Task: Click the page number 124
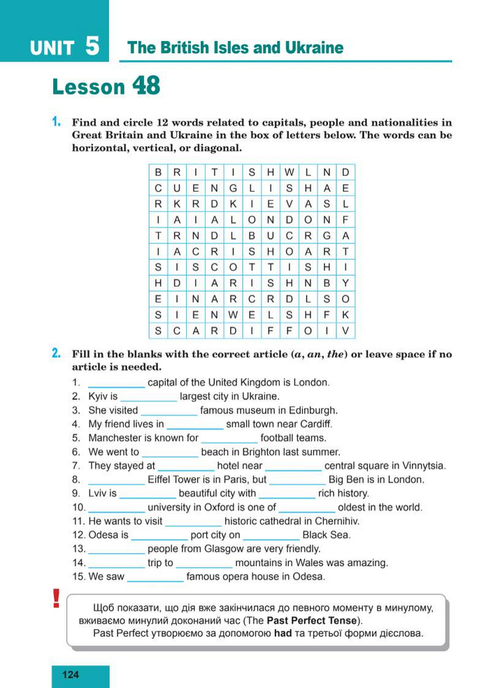tap(71, 675)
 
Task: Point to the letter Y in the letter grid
tap(345, 283)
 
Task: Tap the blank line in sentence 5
tap(229, 441)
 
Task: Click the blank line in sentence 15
tap(155, 580)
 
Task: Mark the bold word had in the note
tap(283, 633)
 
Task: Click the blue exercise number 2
tap(56, 354)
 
